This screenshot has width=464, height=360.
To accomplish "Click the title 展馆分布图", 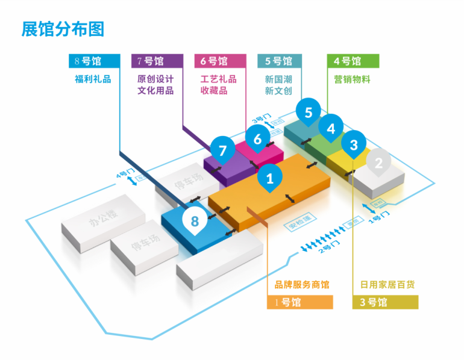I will point(63,28).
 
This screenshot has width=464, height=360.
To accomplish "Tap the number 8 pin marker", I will point(195,221).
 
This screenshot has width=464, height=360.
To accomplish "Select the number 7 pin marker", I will point(223,151).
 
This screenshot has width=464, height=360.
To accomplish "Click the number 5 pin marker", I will point(309,112).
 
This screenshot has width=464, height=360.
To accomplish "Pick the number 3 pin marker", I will point(354,144).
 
